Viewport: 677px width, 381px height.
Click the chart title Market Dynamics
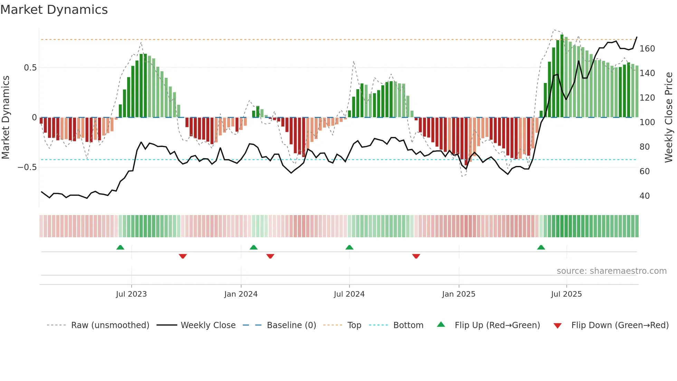click(x=54, y=10)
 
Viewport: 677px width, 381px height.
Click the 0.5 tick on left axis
click(x=30, y=68)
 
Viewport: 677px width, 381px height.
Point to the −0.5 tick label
click(x=27, y=167)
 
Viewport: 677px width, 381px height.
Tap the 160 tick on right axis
click(x=647, y=49)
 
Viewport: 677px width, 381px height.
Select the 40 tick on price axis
click(x=644, y=196)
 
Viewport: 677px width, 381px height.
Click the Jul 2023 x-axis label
click(x=131, y=294)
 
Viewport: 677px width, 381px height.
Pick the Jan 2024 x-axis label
click(x=241, y=294)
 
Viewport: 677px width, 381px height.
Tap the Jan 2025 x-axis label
click(x=458, y=294)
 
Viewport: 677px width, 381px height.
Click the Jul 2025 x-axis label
click(x=566, y=294)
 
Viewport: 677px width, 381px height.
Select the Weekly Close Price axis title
click(x=669, y=118)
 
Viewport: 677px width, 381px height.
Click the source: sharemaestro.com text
click(x=611, y=271)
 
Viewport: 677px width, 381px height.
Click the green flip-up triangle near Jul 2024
click(x=349, y=248)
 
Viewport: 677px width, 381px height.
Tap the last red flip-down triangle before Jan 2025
click(x=416, y=256)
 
